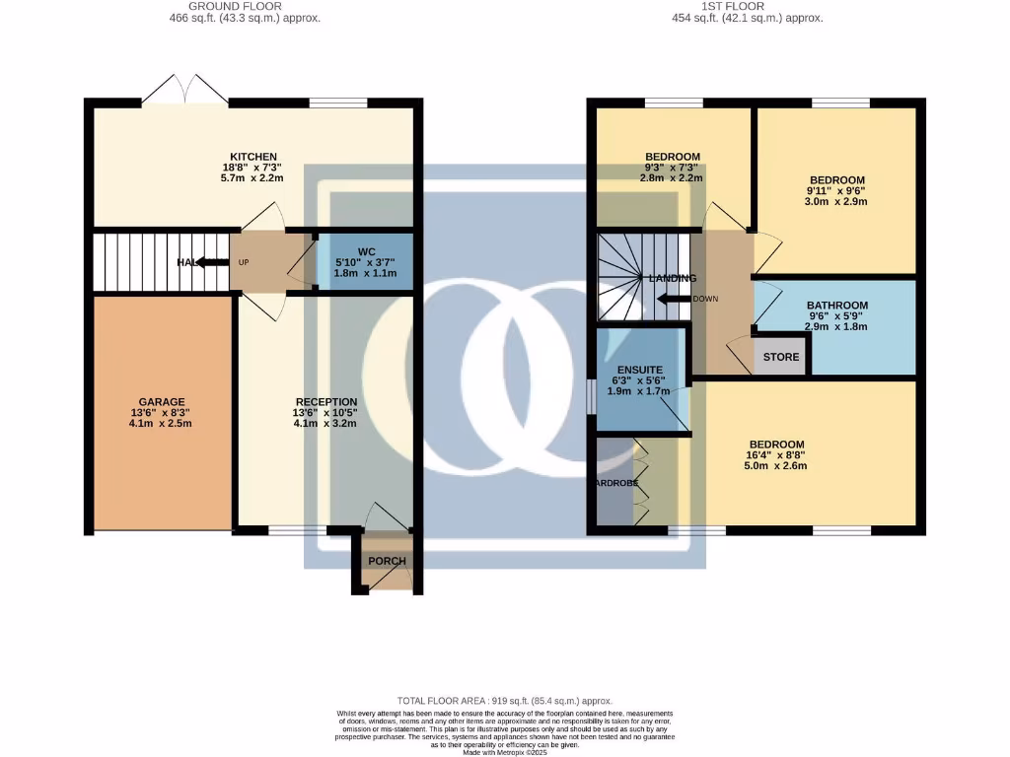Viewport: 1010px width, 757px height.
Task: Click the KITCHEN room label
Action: [x=253, y=157]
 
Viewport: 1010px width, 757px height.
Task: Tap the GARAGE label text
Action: [x=162, y=402]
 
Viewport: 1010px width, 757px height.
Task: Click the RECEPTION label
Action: [x=326, y=402]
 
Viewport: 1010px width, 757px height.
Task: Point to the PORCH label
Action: [x=387, y=561]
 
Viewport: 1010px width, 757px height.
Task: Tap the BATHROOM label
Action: [x=836, y=306]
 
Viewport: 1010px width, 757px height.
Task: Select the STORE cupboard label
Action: [x=781, y=356]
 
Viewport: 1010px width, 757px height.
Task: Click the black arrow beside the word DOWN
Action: [x=674, y=299]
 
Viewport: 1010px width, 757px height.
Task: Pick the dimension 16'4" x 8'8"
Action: [x=776, y=455]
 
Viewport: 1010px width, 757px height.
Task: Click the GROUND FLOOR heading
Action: [x=245, y=6]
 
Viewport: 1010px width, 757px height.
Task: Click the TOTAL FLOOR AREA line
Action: [x=504, y=698]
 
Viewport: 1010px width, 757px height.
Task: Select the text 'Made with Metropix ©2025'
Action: [x=504, y=752]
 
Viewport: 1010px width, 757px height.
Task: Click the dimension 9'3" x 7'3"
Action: [x=672, y=168]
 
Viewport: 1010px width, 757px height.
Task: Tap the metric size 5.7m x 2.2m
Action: [x=252, y=178]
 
